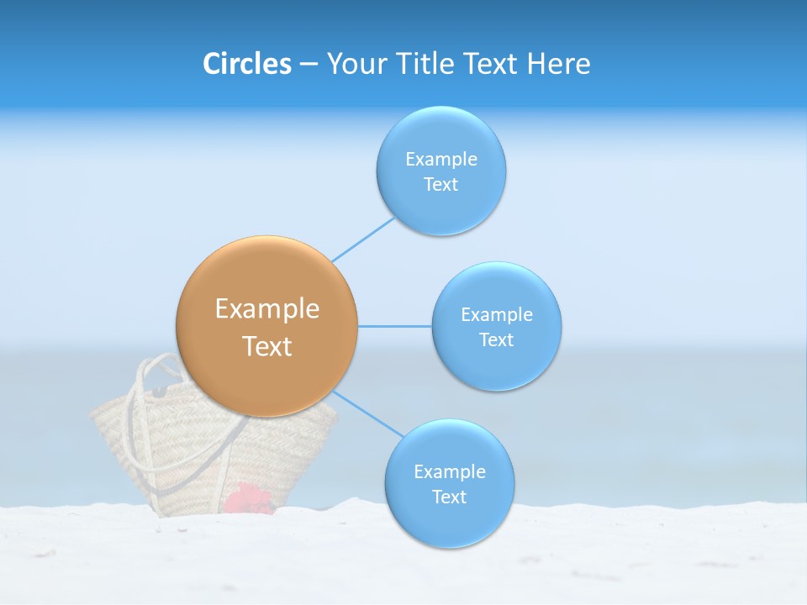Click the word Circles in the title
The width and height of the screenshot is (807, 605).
pyautogui.click(x=247, y=64)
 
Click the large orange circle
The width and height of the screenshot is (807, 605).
pyautogui.click(x=266, y=326)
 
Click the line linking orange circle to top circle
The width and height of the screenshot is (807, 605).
pyautogui.click(x=363, y=239)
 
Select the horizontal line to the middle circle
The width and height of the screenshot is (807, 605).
pyautogui.click(x=395, y=326)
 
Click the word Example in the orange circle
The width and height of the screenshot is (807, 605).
pyautogui.click(x=266, y=309)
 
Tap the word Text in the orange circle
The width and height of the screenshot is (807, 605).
pyautogui.click(x=266, y=346)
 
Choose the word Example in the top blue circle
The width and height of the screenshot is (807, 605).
pyautogui.click(x=441, y=159)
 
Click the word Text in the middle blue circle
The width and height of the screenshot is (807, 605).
pyautogui.click(x=496, y=339)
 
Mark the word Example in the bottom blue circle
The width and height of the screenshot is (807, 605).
pyautogui.click(x=449, y=471)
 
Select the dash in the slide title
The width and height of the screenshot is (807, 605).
pyautogui.click(x=309, y=64)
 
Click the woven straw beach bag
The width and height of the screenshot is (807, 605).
pyautogui.click(x=193, y=458)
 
